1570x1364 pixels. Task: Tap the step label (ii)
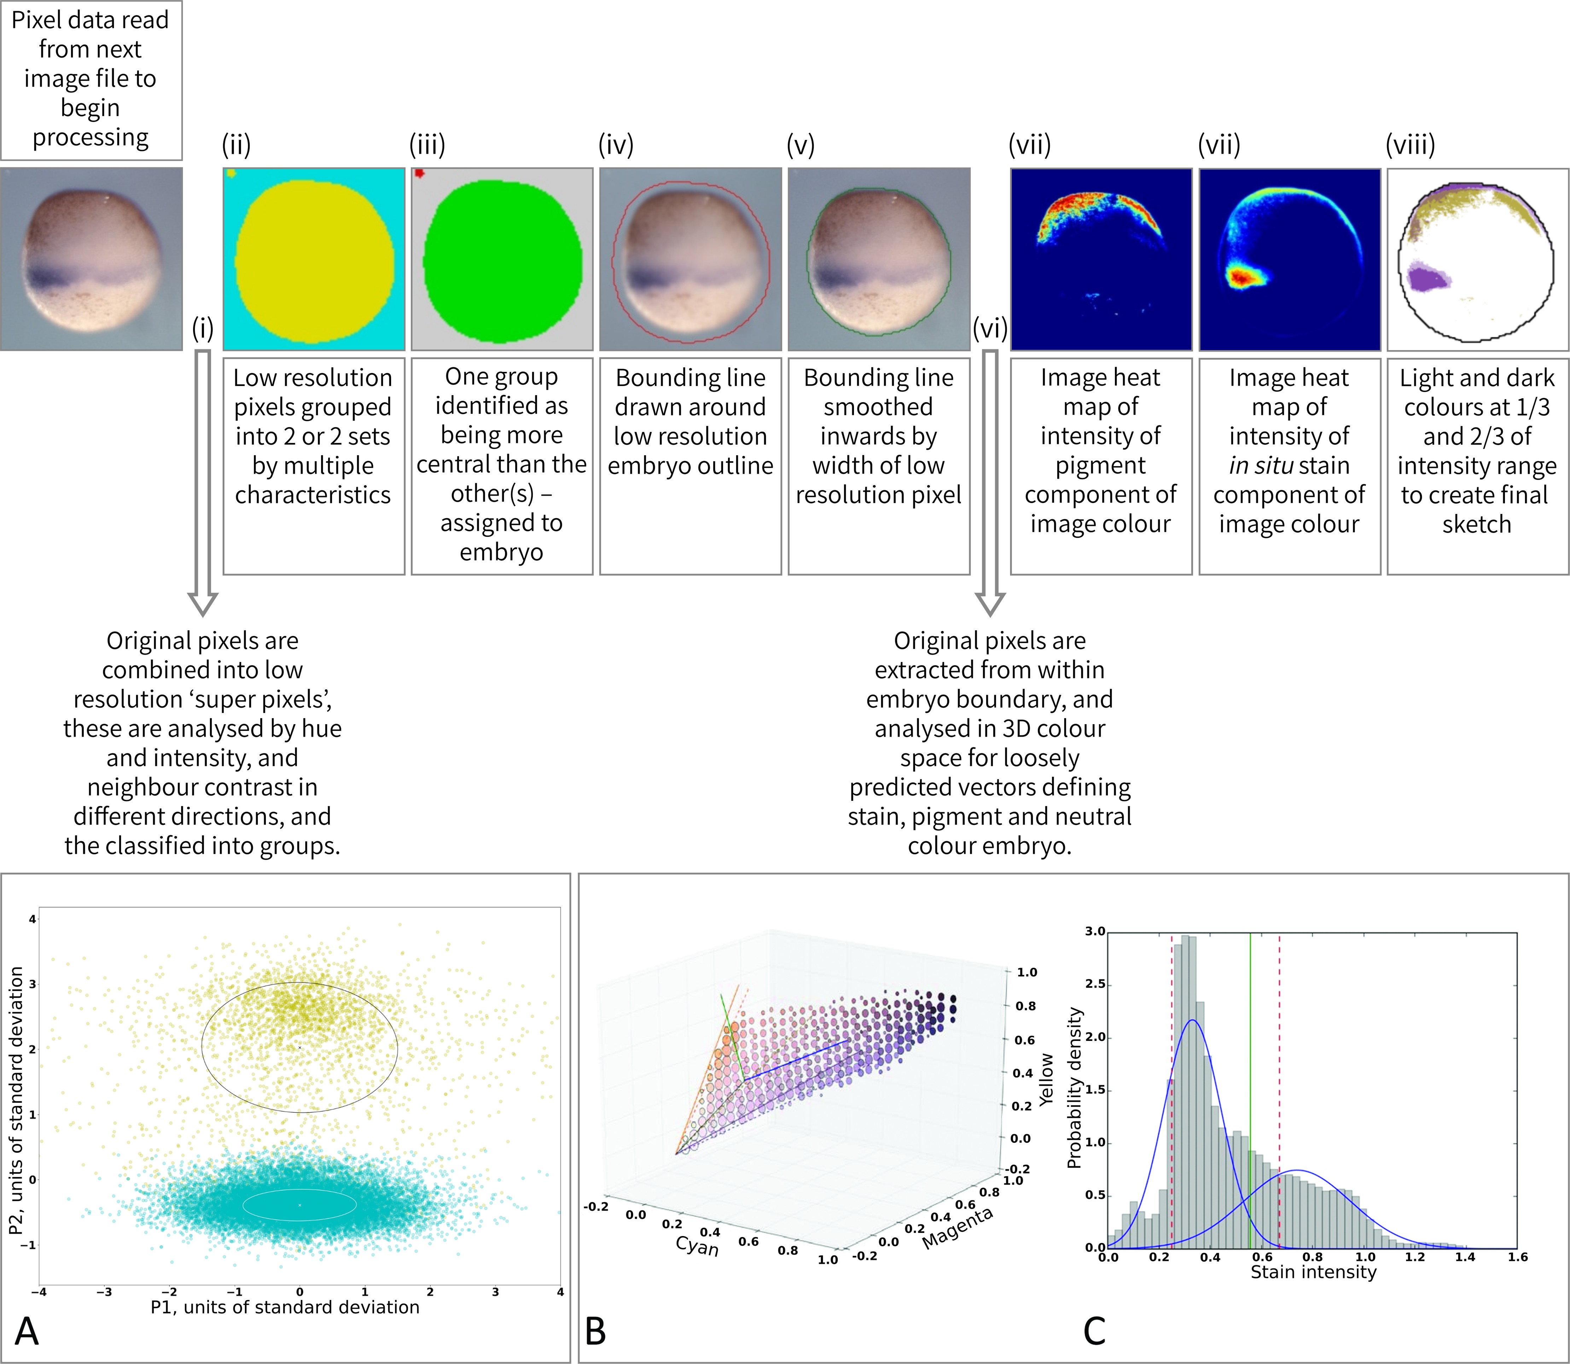(236, 145)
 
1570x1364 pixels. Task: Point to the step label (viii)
(1410, 145)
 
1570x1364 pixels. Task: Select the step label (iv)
(615, 145)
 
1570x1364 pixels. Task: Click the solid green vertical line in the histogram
(1250, 1066)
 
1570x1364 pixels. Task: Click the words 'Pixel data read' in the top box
(90, 20)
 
